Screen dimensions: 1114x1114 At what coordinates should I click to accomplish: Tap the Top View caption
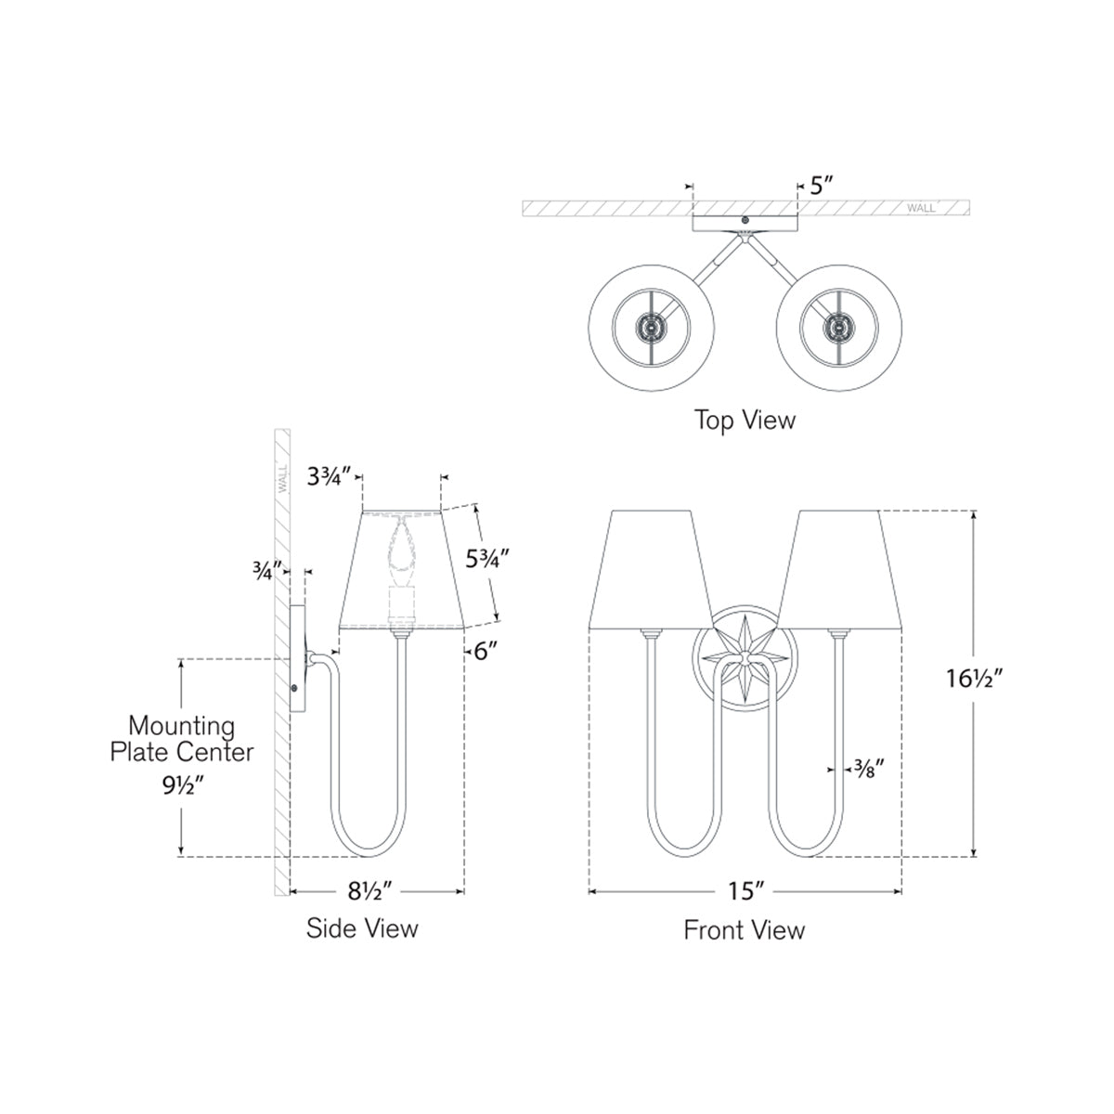(745, 420)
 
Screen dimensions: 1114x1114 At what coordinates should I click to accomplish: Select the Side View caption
(362, 927)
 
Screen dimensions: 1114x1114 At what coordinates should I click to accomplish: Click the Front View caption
(745, 929)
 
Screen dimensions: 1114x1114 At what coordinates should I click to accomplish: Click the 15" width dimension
(745, 892)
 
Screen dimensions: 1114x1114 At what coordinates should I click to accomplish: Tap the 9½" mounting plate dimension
(181, 784)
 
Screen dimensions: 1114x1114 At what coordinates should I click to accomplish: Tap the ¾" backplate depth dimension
(263, 572)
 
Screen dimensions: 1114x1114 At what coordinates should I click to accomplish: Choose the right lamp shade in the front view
(841, 568)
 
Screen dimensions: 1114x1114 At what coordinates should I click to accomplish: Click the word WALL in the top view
(926, 208)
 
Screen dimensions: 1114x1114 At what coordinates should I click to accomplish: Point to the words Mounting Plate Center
(181, 737)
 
